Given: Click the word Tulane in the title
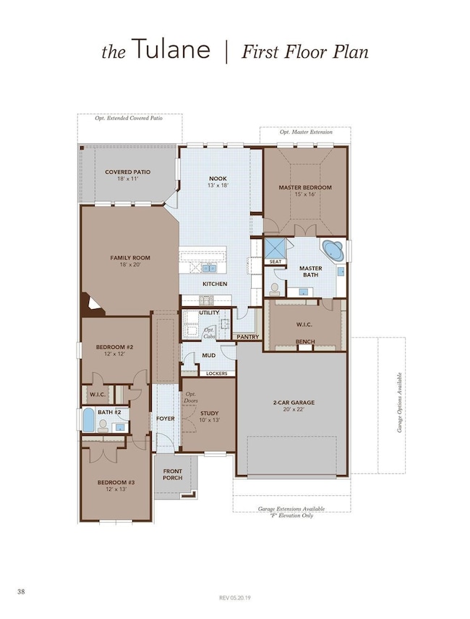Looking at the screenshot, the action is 171,49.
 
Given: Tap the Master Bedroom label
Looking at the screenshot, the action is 305,188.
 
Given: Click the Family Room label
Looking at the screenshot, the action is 130,258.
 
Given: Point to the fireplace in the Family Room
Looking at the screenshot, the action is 92,304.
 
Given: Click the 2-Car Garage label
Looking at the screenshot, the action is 294,403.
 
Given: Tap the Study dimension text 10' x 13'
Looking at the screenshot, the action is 209,420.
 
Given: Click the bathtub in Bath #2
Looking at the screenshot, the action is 89,421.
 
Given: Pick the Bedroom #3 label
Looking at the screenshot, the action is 116,482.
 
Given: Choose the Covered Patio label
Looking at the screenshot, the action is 128,172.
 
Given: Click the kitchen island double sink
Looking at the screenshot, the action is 209,269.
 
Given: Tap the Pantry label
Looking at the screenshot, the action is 248,337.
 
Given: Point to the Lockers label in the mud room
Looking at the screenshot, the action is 217,374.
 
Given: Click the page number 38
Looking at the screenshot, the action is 21,591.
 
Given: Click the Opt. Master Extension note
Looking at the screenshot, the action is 306,132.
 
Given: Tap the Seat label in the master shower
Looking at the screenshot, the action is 275,262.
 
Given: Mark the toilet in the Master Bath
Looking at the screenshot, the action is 275,289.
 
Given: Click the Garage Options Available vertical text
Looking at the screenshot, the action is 399,403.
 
